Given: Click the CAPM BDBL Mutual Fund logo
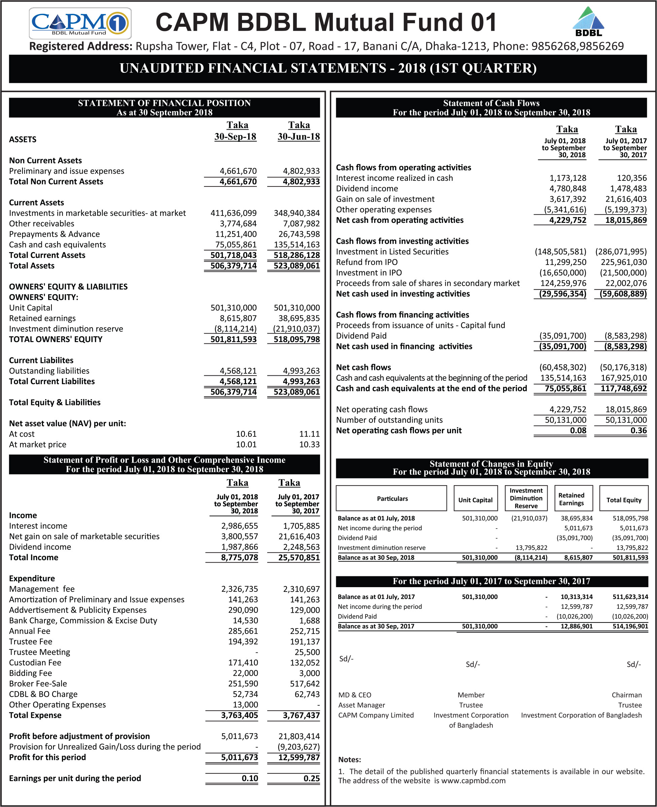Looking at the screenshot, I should tap(80, 23).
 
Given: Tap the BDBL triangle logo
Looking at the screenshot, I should tap(588, 22).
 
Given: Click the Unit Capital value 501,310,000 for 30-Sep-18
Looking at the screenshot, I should tap(234, 308).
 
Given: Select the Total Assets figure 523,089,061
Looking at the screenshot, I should tap(297, 266).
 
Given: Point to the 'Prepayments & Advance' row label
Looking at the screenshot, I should tap(55, 234).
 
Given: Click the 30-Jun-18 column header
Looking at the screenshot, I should tap(299, 137).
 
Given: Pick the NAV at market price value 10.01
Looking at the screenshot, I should tap(246, 444).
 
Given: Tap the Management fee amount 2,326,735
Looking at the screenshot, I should tap(240, 589).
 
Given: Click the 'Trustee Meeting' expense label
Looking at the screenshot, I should tap(40, 652).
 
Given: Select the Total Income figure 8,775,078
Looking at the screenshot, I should tap(240, 558).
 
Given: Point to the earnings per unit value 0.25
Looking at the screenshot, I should tap(311, 778).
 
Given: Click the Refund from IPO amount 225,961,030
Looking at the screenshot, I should tap(624, 262).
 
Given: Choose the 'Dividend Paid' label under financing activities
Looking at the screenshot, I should tap(361, 336).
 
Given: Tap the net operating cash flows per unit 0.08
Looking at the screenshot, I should tap(578, 430).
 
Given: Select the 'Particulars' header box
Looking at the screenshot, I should tap(392, 499).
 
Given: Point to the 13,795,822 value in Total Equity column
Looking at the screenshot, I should tap(632, 548).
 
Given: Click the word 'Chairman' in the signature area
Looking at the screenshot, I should tap(627, 695).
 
